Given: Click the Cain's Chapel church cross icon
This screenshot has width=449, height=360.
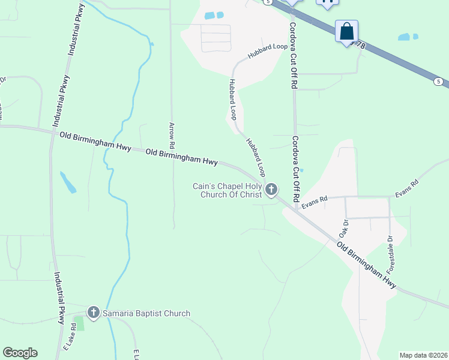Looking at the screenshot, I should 271,190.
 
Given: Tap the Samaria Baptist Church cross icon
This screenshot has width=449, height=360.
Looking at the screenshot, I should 93,313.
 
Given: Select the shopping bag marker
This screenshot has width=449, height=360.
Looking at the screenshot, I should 347,31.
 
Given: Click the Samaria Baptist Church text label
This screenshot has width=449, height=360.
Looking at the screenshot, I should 146,313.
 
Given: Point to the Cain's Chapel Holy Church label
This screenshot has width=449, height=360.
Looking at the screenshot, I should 228,190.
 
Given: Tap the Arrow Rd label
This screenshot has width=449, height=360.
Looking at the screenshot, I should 172,136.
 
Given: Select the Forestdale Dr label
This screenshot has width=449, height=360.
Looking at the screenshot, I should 390,255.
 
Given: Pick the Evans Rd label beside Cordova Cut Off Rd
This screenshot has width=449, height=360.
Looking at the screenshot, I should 315,203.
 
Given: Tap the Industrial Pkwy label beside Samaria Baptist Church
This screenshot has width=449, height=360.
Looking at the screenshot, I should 59,298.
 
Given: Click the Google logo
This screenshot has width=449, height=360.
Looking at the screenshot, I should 20,353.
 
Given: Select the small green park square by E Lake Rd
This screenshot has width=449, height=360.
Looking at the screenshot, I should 80,323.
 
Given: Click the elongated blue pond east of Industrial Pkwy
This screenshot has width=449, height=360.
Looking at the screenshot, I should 68,182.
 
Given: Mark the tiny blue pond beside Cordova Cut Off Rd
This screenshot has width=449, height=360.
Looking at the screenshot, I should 301,170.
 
